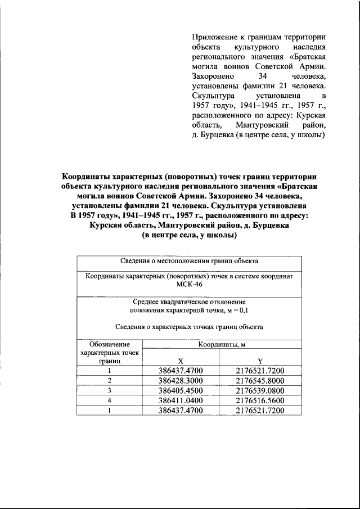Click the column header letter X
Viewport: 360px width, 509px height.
[x=180, y=361]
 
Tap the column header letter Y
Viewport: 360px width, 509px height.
[x=260, y=361]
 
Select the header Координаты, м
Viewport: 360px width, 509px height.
[x=220, y=344]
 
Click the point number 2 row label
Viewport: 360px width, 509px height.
[x=110, y=380]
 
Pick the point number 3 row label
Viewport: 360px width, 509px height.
[x=110, y=390]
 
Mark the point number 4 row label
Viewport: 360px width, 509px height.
[x=110, y=400]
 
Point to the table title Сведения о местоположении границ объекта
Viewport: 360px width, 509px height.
[x=189, y=261]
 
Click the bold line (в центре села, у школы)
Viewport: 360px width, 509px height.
[x=189, y=236]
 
